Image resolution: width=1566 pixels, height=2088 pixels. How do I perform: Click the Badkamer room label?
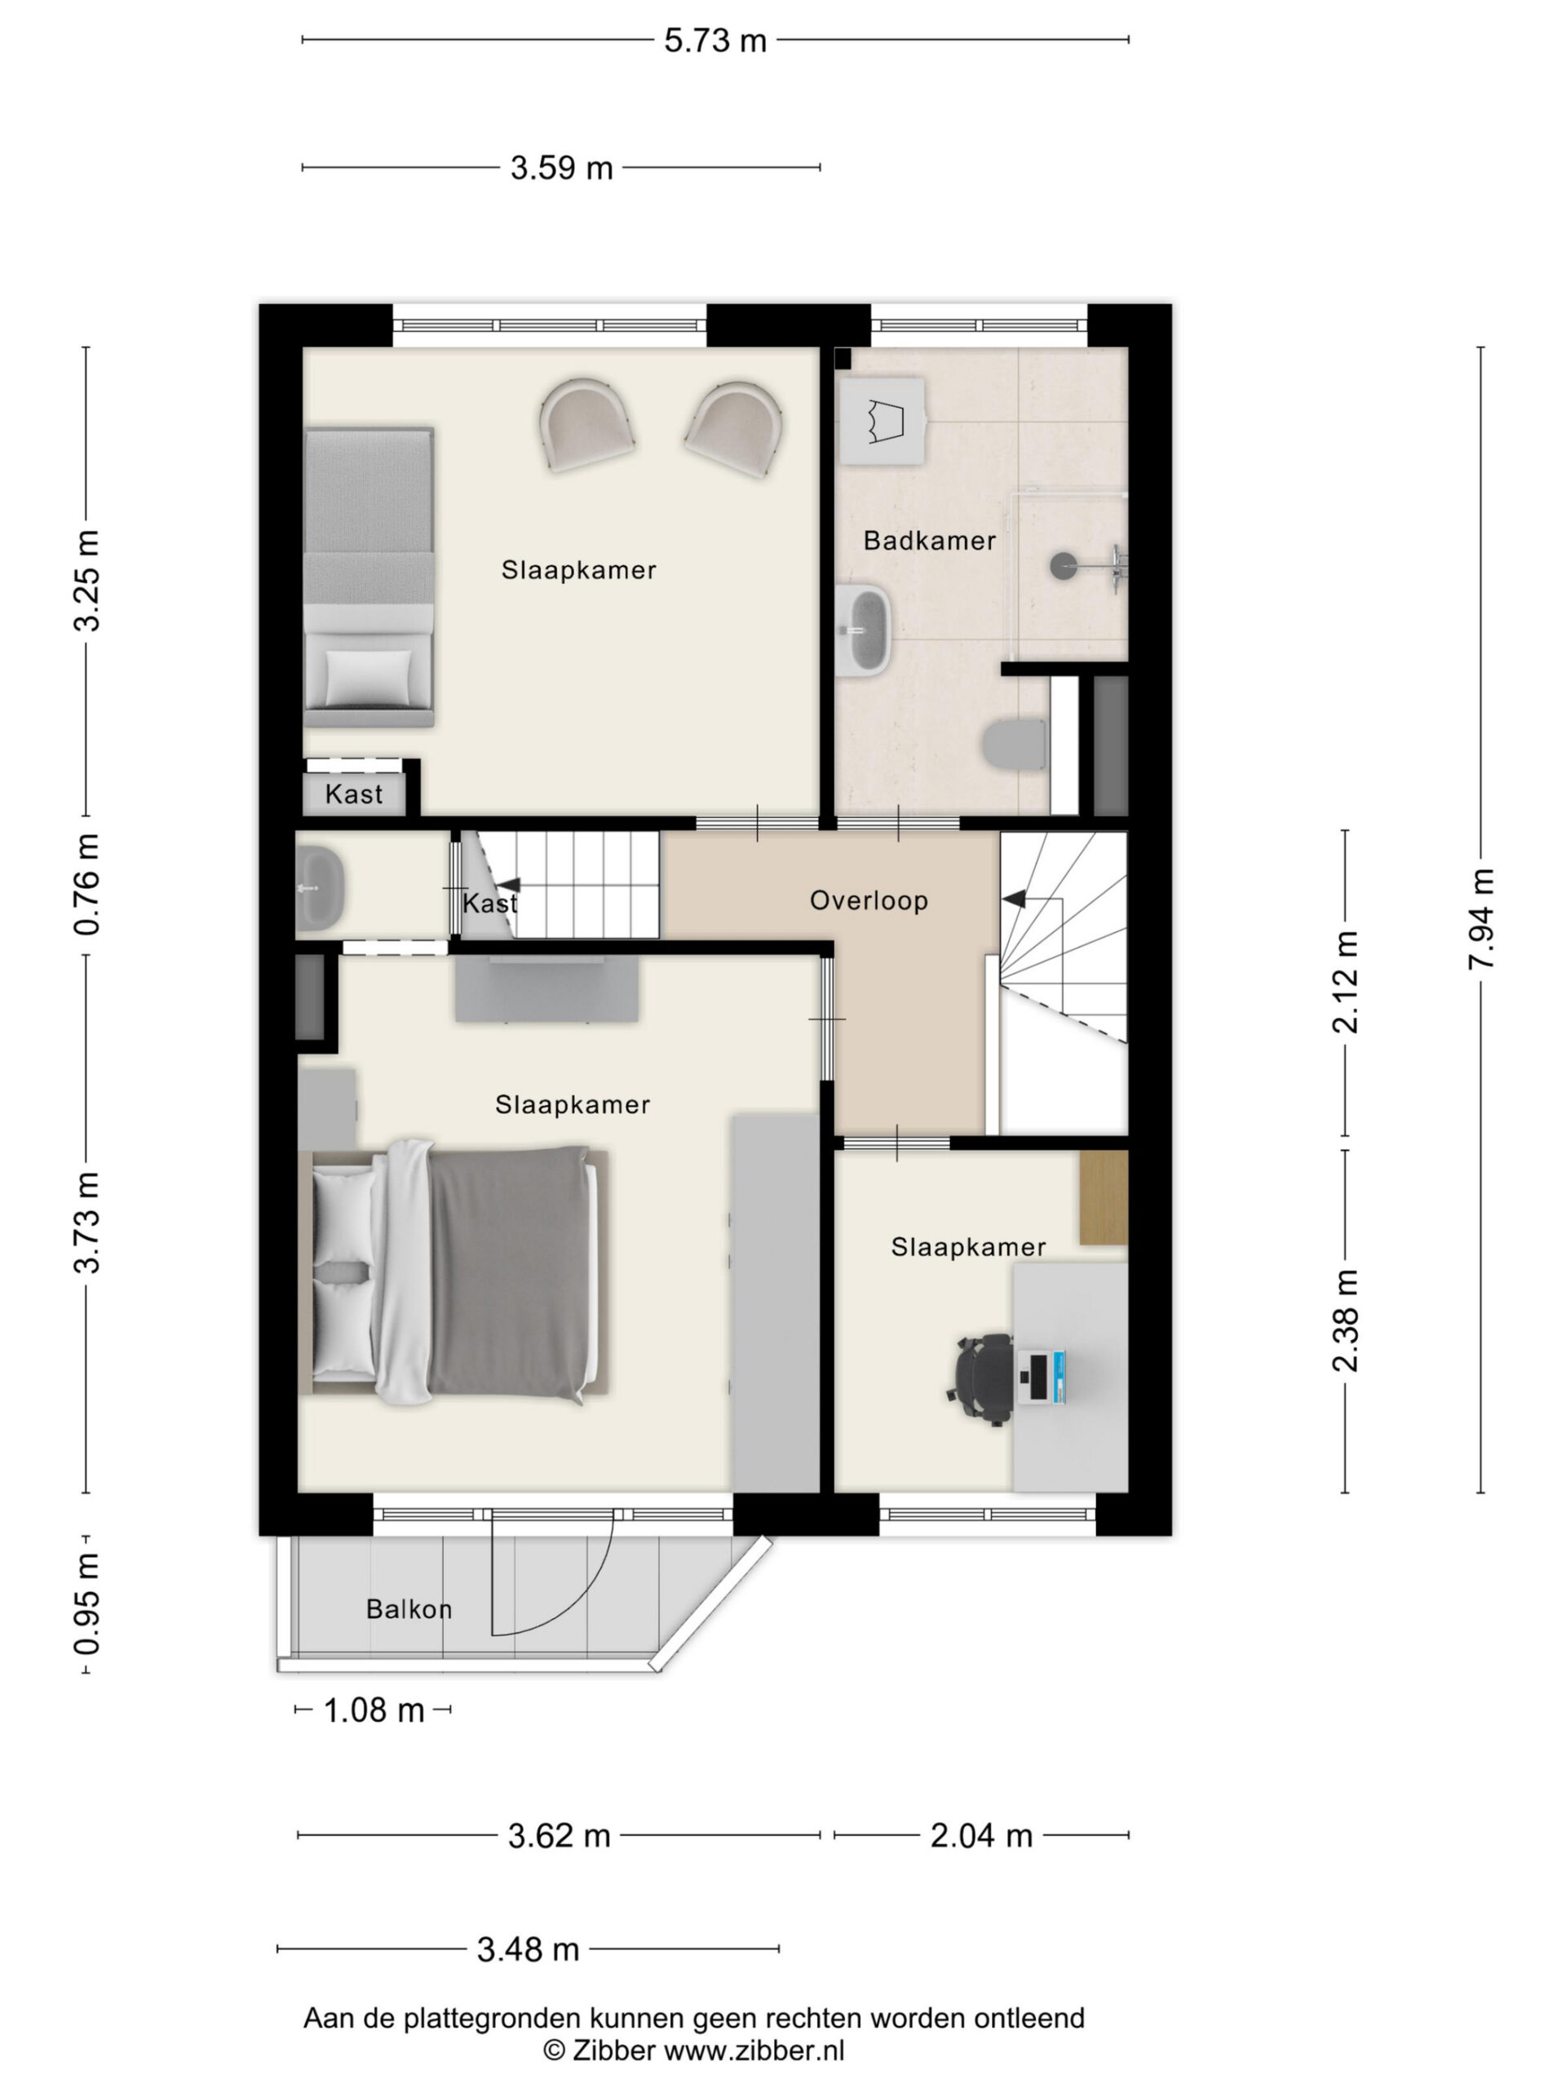(x=929, y=541)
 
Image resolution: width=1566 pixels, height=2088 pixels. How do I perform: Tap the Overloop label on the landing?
(x=869, y=900)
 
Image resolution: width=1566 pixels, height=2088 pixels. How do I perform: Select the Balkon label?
(x=409, y=1608)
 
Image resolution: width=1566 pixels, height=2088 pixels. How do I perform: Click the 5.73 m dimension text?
(x=714, y=41)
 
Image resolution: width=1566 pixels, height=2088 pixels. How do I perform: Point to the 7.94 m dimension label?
(x=1481, y=918)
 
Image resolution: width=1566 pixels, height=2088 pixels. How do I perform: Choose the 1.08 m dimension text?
(x=374, y=1710)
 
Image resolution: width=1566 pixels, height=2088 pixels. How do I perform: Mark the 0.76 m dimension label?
(x=86, y=884)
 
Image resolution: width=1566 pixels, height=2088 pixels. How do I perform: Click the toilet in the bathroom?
(x=1015, y=745)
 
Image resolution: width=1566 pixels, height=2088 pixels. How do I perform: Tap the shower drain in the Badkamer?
(x=1063, y=566)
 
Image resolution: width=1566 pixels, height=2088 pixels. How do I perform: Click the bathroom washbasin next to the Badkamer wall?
(x=863, y=629)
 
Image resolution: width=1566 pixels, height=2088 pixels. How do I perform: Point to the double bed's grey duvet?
(x=510, y=1273)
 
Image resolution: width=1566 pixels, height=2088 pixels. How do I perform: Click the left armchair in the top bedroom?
(x=586, y=424)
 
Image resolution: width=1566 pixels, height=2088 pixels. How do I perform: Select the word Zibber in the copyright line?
(x=612, y=2050)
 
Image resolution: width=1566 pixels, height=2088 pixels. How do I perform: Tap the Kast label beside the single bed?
(x=354, y=794)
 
